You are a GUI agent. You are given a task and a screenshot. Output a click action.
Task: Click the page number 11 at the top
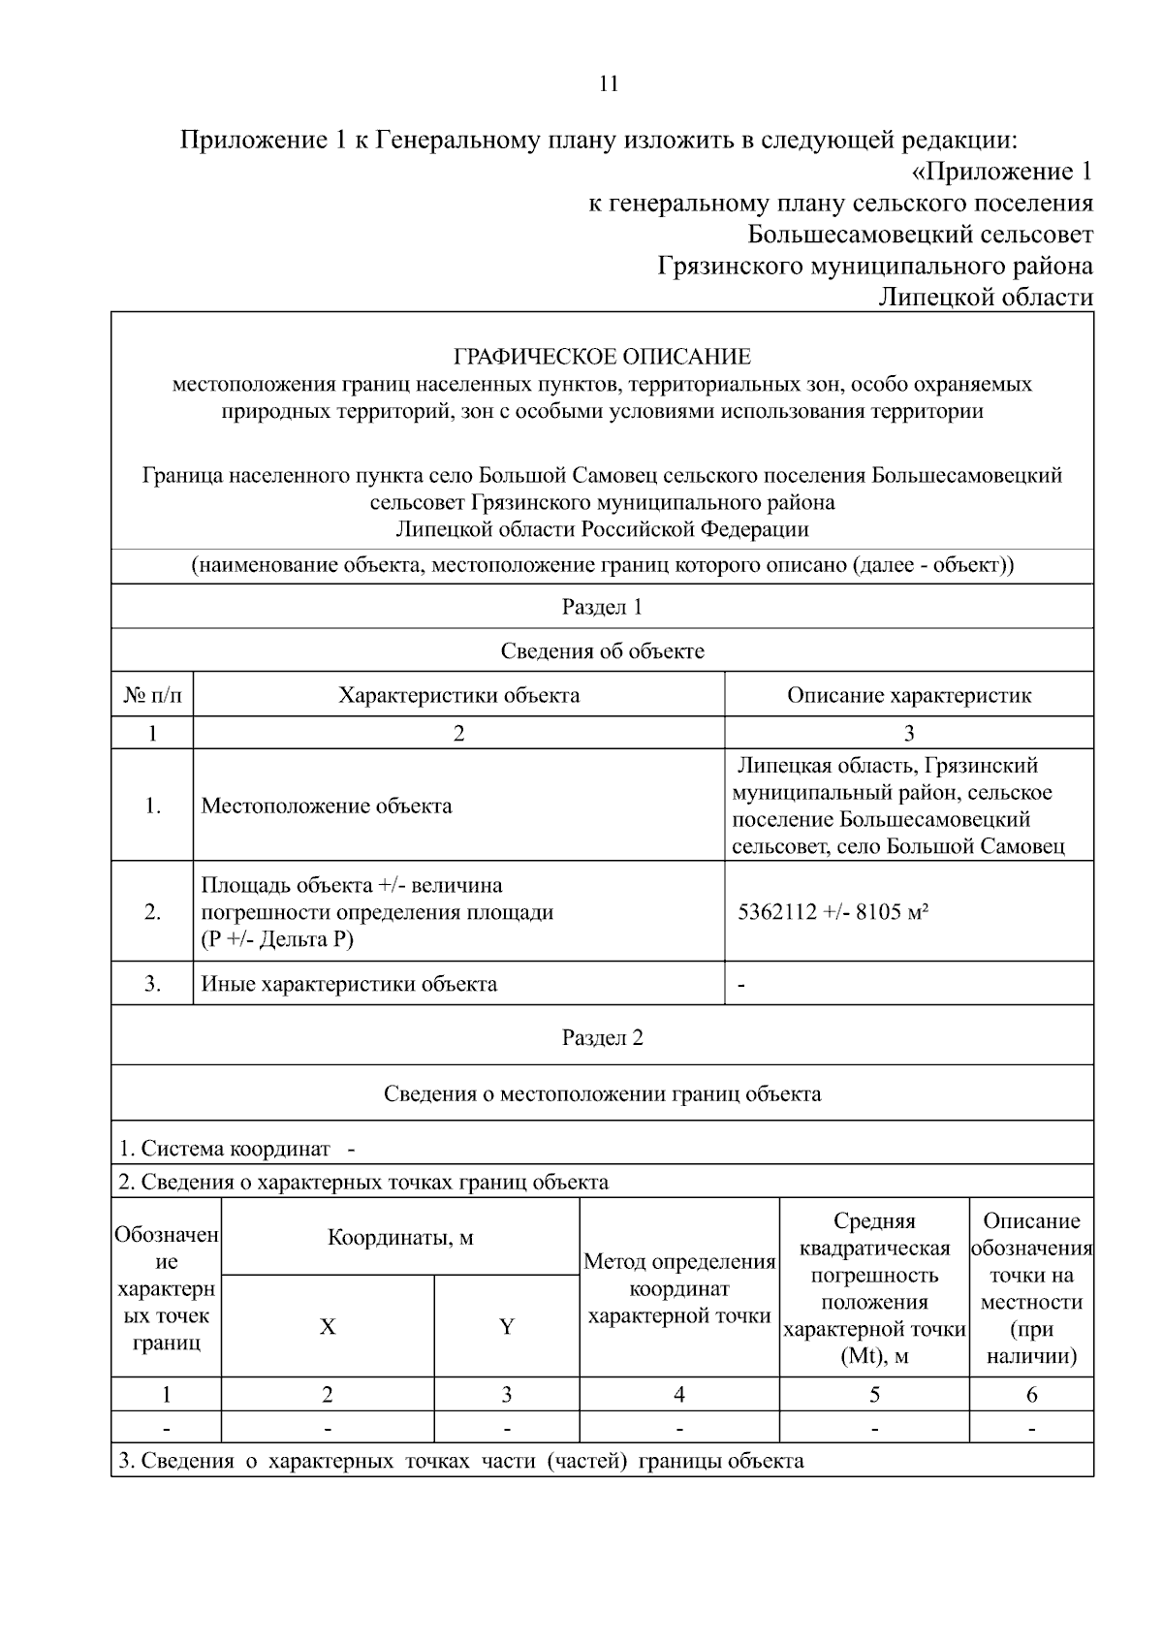click(x=609, y=83)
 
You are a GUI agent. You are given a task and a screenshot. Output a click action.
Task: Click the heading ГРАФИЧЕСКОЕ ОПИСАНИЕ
click(x=602, y=357)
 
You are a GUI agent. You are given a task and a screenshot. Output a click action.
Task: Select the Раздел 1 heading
click(x=602, y=608)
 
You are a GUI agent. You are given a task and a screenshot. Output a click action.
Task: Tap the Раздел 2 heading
click(x=602, y=1038)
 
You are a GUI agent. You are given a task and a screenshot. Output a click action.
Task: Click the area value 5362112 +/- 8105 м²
click(x=833, y=912)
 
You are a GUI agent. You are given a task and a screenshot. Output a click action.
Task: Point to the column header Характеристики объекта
click(x=458, y=695)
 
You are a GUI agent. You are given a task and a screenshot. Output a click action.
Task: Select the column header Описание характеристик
click(x=908, y=695)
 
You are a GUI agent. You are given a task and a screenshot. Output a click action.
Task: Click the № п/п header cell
click(x=152, y=695)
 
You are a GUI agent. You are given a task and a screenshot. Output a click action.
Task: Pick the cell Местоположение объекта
click(x=326, y=807)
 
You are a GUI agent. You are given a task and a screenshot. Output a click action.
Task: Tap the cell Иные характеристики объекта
click(x=349, y=985)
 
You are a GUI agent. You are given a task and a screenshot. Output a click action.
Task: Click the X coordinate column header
click(x=328, y=1327)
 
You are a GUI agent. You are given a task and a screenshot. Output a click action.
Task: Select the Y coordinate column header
click(x=506, y=1327)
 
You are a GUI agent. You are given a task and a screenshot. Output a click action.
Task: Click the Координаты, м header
click(x=400, y=1238)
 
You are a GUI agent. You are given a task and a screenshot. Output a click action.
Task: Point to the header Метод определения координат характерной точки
click(x=678, y=1289)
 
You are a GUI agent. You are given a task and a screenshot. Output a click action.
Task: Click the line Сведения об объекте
click(x=602, y=651)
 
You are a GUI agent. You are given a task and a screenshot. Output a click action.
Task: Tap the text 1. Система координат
click(x=224, y=1150)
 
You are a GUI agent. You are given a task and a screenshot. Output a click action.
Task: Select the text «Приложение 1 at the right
click(x=1002, y=173)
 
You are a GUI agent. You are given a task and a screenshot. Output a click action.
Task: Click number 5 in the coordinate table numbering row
click(x=873, y=1395)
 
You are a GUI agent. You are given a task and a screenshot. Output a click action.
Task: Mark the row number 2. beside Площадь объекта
click(x=152, y=912)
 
